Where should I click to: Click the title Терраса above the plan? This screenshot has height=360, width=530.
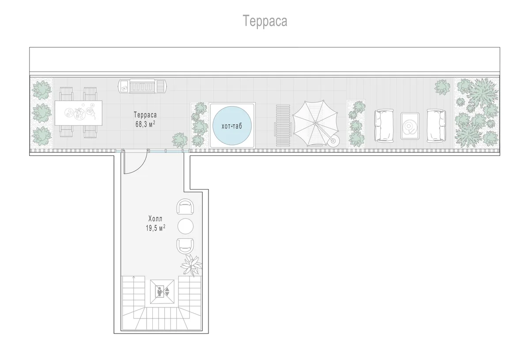point(265,21)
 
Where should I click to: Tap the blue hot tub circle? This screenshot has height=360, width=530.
point(232,125)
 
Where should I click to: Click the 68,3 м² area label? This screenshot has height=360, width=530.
point(145,124)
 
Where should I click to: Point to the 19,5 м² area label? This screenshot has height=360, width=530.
point(155,228)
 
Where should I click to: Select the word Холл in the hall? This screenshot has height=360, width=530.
point(155,218)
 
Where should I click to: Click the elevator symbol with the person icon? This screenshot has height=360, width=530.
point(163,292)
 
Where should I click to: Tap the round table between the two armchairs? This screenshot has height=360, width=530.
point(185,226)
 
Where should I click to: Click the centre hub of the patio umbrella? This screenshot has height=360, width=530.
point(315,123)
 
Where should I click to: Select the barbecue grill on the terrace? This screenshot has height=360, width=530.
point(143,86)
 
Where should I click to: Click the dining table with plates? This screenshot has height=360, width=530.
point(78,113)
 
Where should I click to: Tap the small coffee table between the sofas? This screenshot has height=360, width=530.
point(410,126)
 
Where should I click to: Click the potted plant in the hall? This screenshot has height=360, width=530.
point(192,265)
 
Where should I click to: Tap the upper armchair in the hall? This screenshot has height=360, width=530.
point(185,206)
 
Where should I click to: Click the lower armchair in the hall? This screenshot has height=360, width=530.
point(185,246)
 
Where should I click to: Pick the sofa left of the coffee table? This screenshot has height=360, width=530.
point(384,126)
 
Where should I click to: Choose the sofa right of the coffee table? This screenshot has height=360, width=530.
point(436,126)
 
